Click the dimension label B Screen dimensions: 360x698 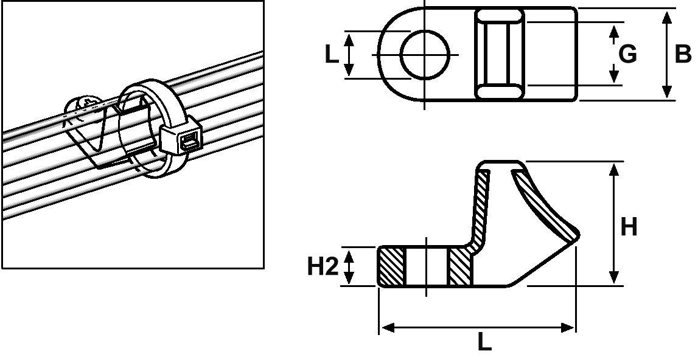click(683, 54)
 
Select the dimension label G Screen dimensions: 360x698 click(627, 55)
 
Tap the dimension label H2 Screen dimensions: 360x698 click(323, 266)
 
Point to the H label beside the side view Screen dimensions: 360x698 click(629, 227)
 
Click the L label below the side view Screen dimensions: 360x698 click(484, 342)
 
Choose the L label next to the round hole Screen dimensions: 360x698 click(331, 55)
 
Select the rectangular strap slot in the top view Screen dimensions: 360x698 click(498, 54)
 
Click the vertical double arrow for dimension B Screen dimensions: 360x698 click(668, 54)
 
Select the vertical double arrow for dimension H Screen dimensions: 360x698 click(614, 223)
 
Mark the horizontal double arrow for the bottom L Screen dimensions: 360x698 click(477, 328)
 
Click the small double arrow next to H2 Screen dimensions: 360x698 click(349, 266)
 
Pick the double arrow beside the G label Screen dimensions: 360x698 click(613, 54)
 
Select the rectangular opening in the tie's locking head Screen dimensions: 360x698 click(187, 144)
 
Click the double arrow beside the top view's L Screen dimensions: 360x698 click(349, 55)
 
